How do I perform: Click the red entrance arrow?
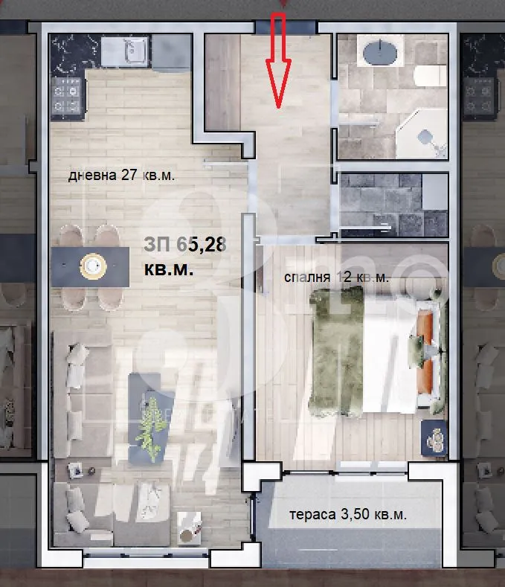(279, 60)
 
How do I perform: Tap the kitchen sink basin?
(133, 52)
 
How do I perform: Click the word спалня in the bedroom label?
(307, 278)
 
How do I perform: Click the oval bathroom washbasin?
(380, 54)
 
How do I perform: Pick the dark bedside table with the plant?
(433, 439)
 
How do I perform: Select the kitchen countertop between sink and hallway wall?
(171, 52)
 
